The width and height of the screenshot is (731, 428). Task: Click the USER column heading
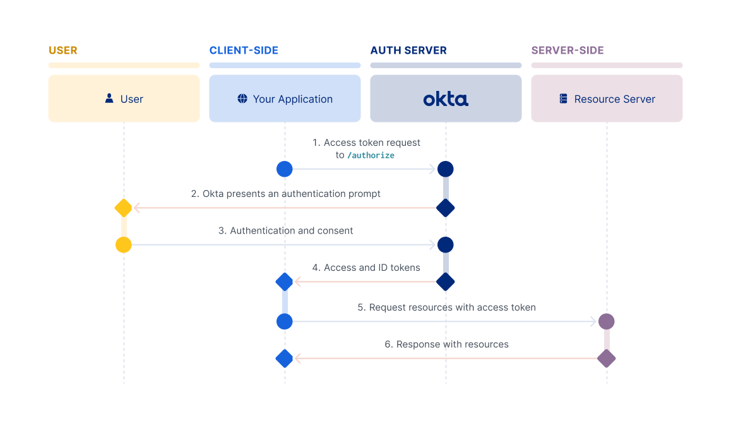click(x=63, y=51)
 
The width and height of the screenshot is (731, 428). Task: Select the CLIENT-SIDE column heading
click(x=244, y=51)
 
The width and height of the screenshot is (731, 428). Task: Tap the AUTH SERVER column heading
click(x=408, y=51)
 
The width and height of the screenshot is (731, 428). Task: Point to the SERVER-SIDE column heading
click(x=568, y=51)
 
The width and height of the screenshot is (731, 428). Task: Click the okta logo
click(x=446, y=99)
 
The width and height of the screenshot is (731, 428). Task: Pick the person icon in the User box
click(x=109, y=98)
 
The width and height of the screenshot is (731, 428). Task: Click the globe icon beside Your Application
click(x=242, y=98)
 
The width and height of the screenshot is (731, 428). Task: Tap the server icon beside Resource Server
click(x=564, y=98)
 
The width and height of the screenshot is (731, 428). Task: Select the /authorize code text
click(x=371, y=155)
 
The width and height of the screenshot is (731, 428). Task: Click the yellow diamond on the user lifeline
click(x=124, y=207)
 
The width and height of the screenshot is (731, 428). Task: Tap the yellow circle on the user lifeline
click(x=124, y=245)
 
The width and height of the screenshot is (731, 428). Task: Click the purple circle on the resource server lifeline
click(x=607, y=321)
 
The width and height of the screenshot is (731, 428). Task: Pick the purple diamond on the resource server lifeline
click(x=607, y=359)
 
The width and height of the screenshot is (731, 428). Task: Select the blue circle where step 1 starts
click(x=285, y=169)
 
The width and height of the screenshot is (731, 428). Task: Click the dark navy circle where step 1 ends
click(x=446, y=169)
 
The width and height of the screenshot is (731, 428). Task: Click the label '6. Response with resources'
click(x=446, y=344)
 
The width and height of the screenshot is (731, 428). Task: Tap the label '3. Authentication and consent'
click(x=285, y=230)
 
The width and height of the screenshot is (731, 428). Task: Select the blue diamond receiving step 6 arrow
click(x=285, y=359)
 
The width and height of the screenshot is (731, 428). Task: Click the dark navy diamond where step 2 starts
click(x=446, y=207)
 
